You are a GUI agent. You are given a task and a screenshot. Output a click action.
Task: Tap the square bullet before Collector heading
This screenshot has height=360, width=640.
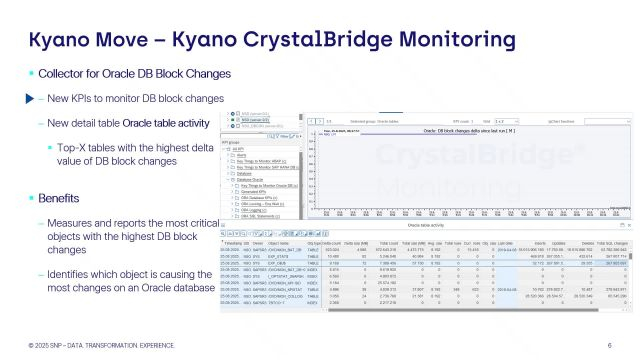coord(31,75)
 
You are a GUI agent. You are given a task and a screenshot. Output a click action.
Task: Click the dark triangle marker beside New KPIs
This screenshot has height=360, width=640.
coord(30,99)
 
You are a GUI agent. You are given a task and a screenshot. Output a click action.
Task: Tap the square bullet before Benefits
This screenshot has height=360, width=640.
coord(31,198)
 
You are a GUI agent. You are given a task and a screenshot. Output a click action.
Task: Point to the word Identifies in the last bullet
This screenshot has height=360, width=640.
coord(76,272)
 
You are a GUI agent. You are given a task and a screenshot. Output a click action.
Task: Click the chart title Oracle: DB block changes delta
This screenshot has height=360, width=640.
coord(460,131)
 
